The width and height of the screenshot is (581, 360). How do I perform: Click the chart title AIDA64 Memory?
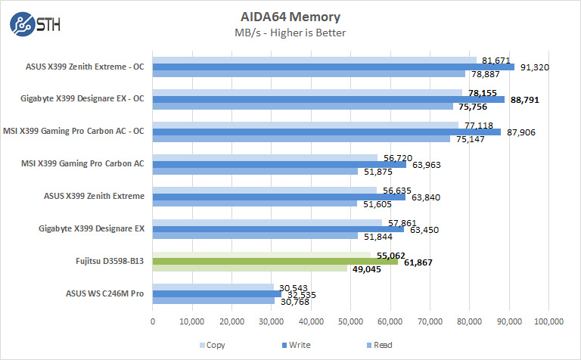point(290,17)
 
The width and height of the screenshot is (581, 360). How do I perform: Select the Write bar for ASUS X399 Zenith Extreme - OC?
point(334,67)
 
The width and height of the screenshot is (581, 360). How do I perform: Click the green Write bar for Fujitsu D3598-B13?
point(275,261)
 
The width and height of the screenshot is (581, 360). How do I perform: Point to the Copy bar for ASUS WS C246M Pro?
point(213,287)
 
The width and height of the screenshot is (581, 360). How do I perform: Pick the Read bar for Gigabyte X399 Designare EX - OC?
point(303,106)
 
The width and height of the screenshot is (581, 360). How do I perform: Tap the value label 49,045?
point(366,268)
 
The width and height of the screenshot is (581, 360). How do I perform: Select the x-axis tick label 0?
point(154,321)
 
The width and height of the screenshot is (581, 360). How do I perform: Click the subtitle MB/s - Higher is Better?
point(290,33)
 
